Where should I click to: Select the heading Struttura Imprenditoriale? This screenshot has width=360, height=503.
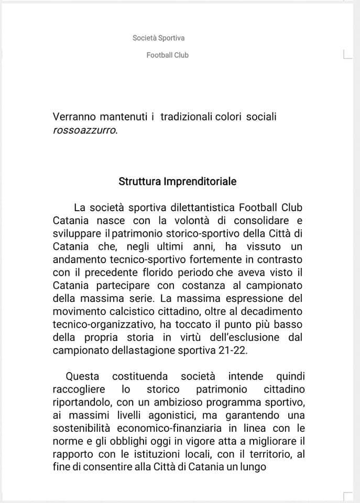[x=177, y=182]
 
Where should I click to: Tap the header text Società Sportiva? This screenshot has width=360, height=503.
[x=159, y=38]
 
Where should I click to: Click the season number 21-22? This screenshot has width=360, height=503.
[x=234, y=351]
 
